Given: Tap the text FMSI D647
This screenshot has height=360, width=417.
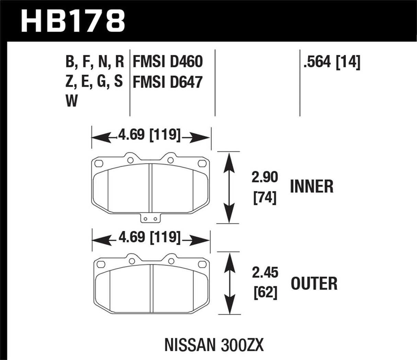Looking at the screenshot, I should tap(167, 83).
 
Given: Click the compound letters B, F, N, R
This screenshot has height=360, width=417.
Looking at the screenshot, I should tap(94, 62).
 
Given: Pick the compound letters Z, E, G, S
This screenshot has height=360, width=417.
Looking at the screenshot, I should tap(94, 82).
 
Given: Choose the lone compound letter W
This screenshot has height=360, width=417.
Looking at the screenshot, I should tap(72, 101).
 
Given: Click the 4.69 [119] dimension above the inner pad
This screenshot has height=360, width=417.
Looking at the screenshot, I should tap(148, 135).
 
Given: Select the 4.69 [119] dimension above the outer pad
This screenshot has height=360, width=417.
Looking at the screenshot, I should tap(148, 237).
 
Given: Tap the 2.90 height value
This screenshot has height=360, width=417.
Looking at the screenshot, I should tap(264, 178).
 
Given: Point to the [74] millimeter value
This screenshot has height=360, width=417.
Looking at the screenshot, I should tap(264, 198).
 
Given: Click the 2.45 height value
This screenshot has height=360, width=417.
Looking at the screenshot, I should tap(264, 273).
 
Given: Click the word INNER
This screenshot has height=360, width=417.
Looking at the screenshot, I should tap(312, 187).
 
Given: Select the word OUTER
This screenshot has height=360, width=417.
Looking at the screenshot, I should tap(314, 283).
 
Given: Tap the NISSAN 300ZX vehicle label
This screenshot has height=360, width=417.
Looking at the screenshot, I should tap(214, 345).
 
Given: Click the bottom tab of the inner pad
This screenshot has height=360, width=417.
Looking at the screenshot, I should tap(150, 218).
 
